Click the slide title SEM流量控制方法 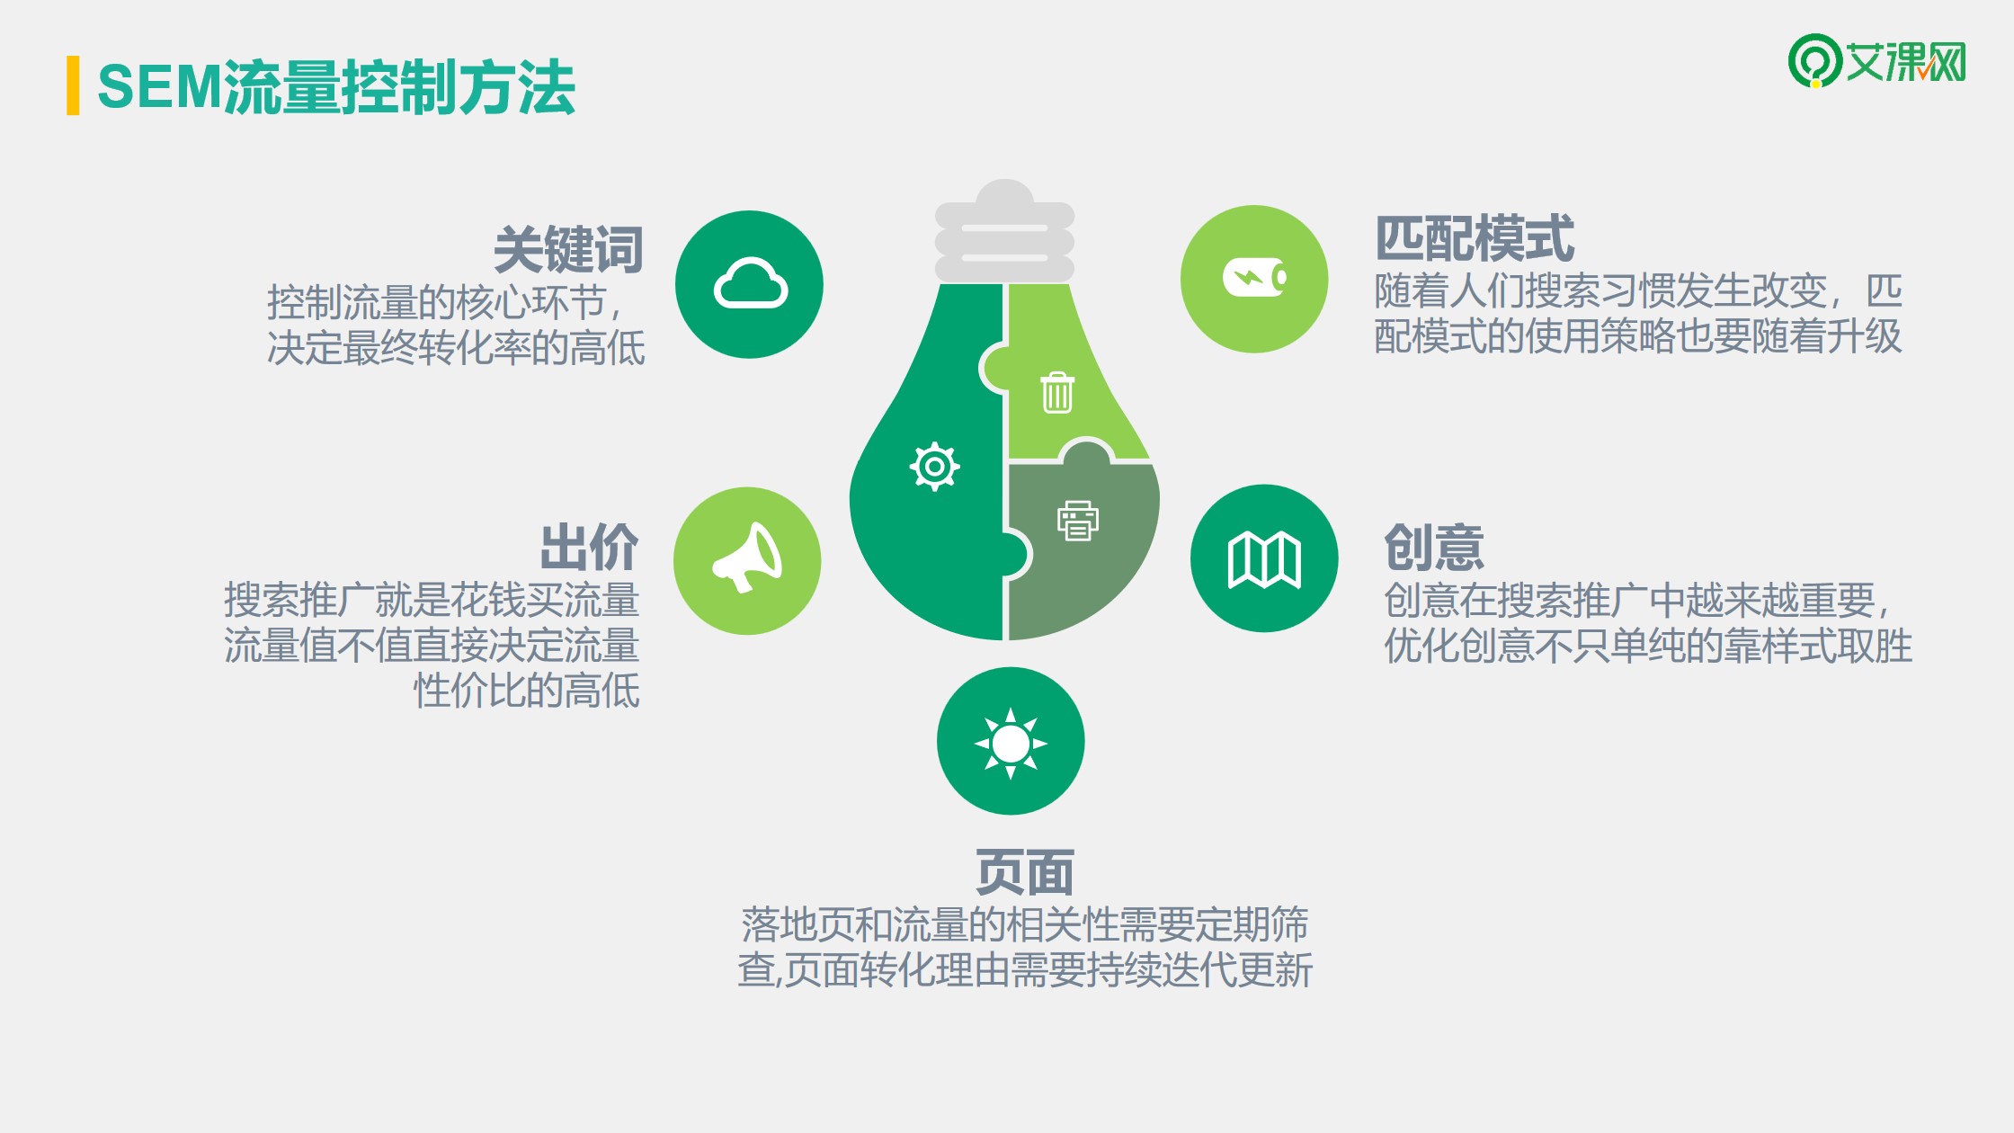pyautogui.click(x=336, y=87)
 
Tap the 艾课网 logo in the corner pyautogui.click(x=1876, y=61)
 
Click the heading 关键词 pyautogui.click(x=568, y=249)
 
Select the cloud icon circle pyautogui.click(x=749, y=284)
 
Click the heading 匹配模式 pyautogui.click(x=1475, y=238)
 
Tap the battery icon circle pyautogui.click(x=1254, y=279)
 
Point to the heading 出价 pyautogui.click(x=589, y=547)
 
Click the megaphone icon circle pyautogui.click(x=747, y=561)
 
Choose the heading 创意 pyautogui.click(x=1434, y=547)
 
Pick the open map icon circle pyautogui.click(x=1264, y=558)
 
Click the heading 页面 pyautogui.click(x=1025, y=872)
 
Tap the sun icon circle pyautogui.click(x=1011, y=741)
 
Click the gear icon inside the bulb pyautogui.click(x=934, y=467)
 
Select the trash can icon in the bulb pyautogui.click(x=1057, y=392)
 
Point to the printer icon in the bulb pyautogui.click(x=1078, y=521)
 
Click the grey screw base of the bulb pyautogui.click(x=1005, y=231)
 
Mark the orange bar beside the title pyautogui.click(x=73, y=85)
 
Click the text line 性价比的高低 pyautogui.click(x=527, y=691)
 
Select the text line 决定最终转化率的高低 pyautogui.click(x=456, y=348)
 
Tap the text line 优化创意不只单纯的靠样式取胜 pyautogui.click(x=1648, y=646)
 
